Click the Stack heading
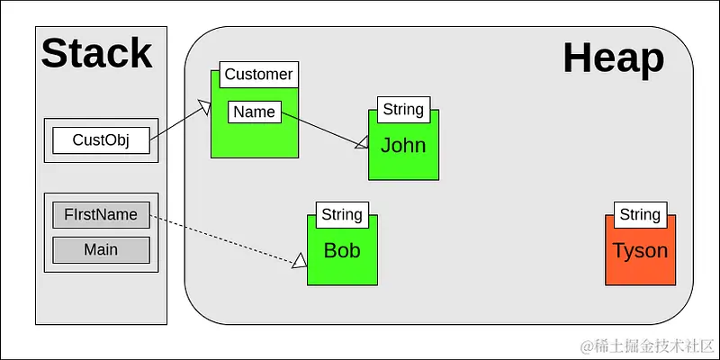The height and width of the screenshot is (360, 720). click(97, 53)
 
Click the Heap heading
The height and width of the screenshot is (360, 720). click(613, 58)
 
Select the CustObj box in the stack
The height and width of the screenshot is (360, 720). click(101, 140)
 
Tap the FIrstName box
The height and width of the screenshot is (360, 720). click(101, 215)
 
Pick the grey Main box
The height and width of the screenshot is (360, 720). click(101, 249)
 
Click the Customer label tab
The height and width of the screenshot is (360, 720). click(258, 75)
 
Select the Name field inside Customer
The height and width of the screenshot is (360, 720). click(254, 112)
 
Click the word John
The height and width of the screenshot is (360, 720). click(402, 146)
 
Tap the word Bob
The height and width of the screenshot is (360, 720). click(342, 250)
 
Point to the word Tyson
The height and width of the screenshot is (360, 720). click(640, 250)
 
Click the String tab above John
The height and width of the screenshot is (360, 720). click(402, 110)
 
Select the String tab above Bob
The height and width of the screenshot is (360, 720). click(342, 214)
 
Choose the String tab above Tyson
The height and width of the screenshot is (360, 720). click(640, 214)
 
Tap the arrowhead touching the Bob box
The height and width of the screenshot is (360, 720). click(300, 261)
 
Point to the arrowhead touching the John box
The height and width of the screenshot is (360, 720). click(362, 142)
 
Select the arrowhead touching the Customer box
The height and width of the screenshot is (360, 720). click(204, 109)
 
